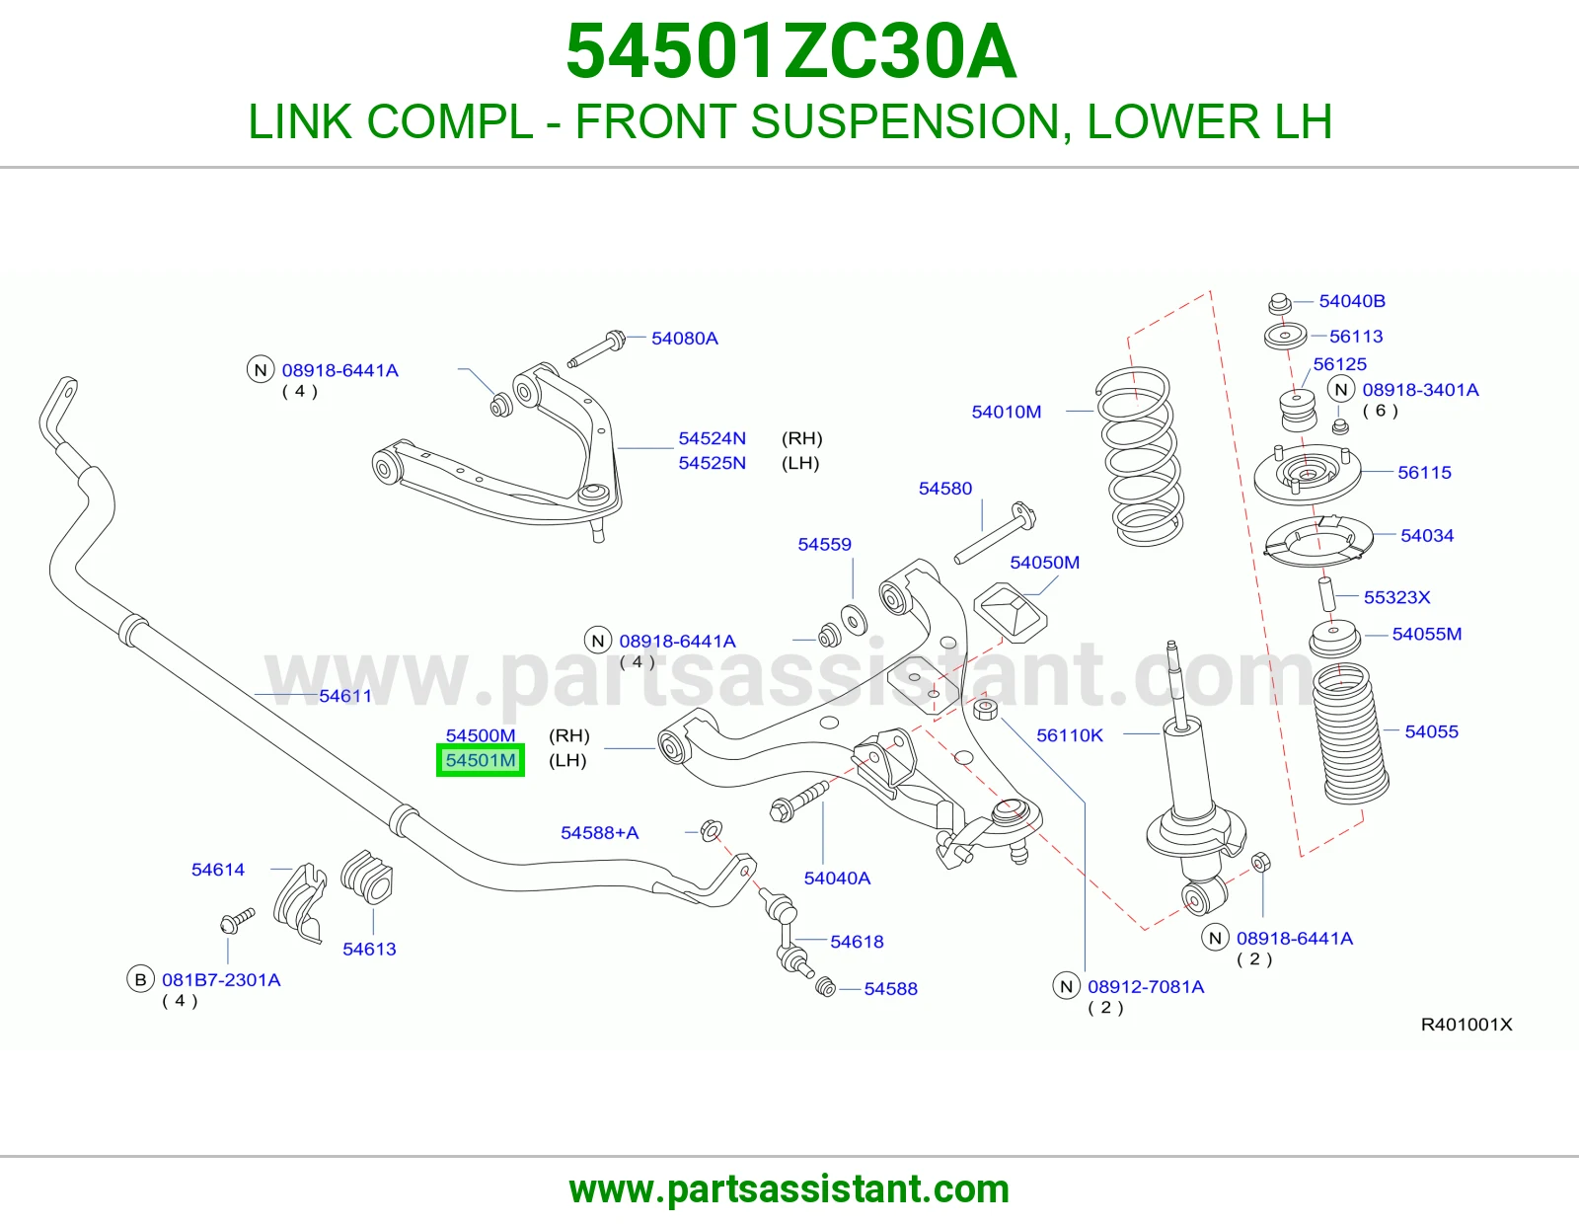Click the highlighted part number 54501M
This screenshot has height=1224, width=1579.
click(x=481, y=760)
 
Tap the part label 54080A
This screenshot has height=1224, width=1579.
click(x=685, y=338)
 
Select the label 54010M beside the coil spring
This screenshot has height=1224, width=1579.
click(x=1007, y=412)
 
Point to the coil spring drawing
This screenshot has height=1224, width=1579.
click(x=1140, y=456)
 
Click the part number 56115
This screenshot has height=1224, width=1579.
click(x=1424, y=473)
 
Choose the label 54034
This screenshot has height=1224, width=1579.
click(x=1427, y=536)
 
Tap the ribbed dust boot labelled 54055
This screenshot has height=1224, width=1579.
click(x=1351, y=733)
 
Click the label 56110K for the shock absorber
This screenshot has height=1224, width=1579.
click(x=1070, y=735)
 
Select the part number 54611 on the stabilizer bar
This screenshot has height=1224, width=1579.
click(x=345, y=696)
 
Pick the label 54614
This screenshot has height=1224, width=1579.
click(x=218, y=870)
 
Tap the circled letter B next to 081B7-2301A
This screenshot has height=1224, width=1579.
click(x=141, y=980)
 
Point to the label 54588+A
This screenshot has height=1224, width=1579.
click(x=599, y=832)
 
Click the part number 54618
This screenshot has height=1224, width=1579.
click(x=857, y=942)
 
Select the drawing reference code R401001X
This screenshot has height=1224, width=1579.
click(x=1466, y=1025)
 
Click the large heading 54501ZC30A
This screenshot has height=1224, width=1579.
click(x=790, y=51)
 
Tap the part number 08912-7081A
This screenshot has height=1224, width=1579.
click(x=1146, y=986)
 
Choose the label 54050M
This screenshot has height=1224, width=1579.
click(x=1044, y=562)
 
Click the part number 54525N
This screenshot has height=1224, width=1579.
click(x=713, y=463)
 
